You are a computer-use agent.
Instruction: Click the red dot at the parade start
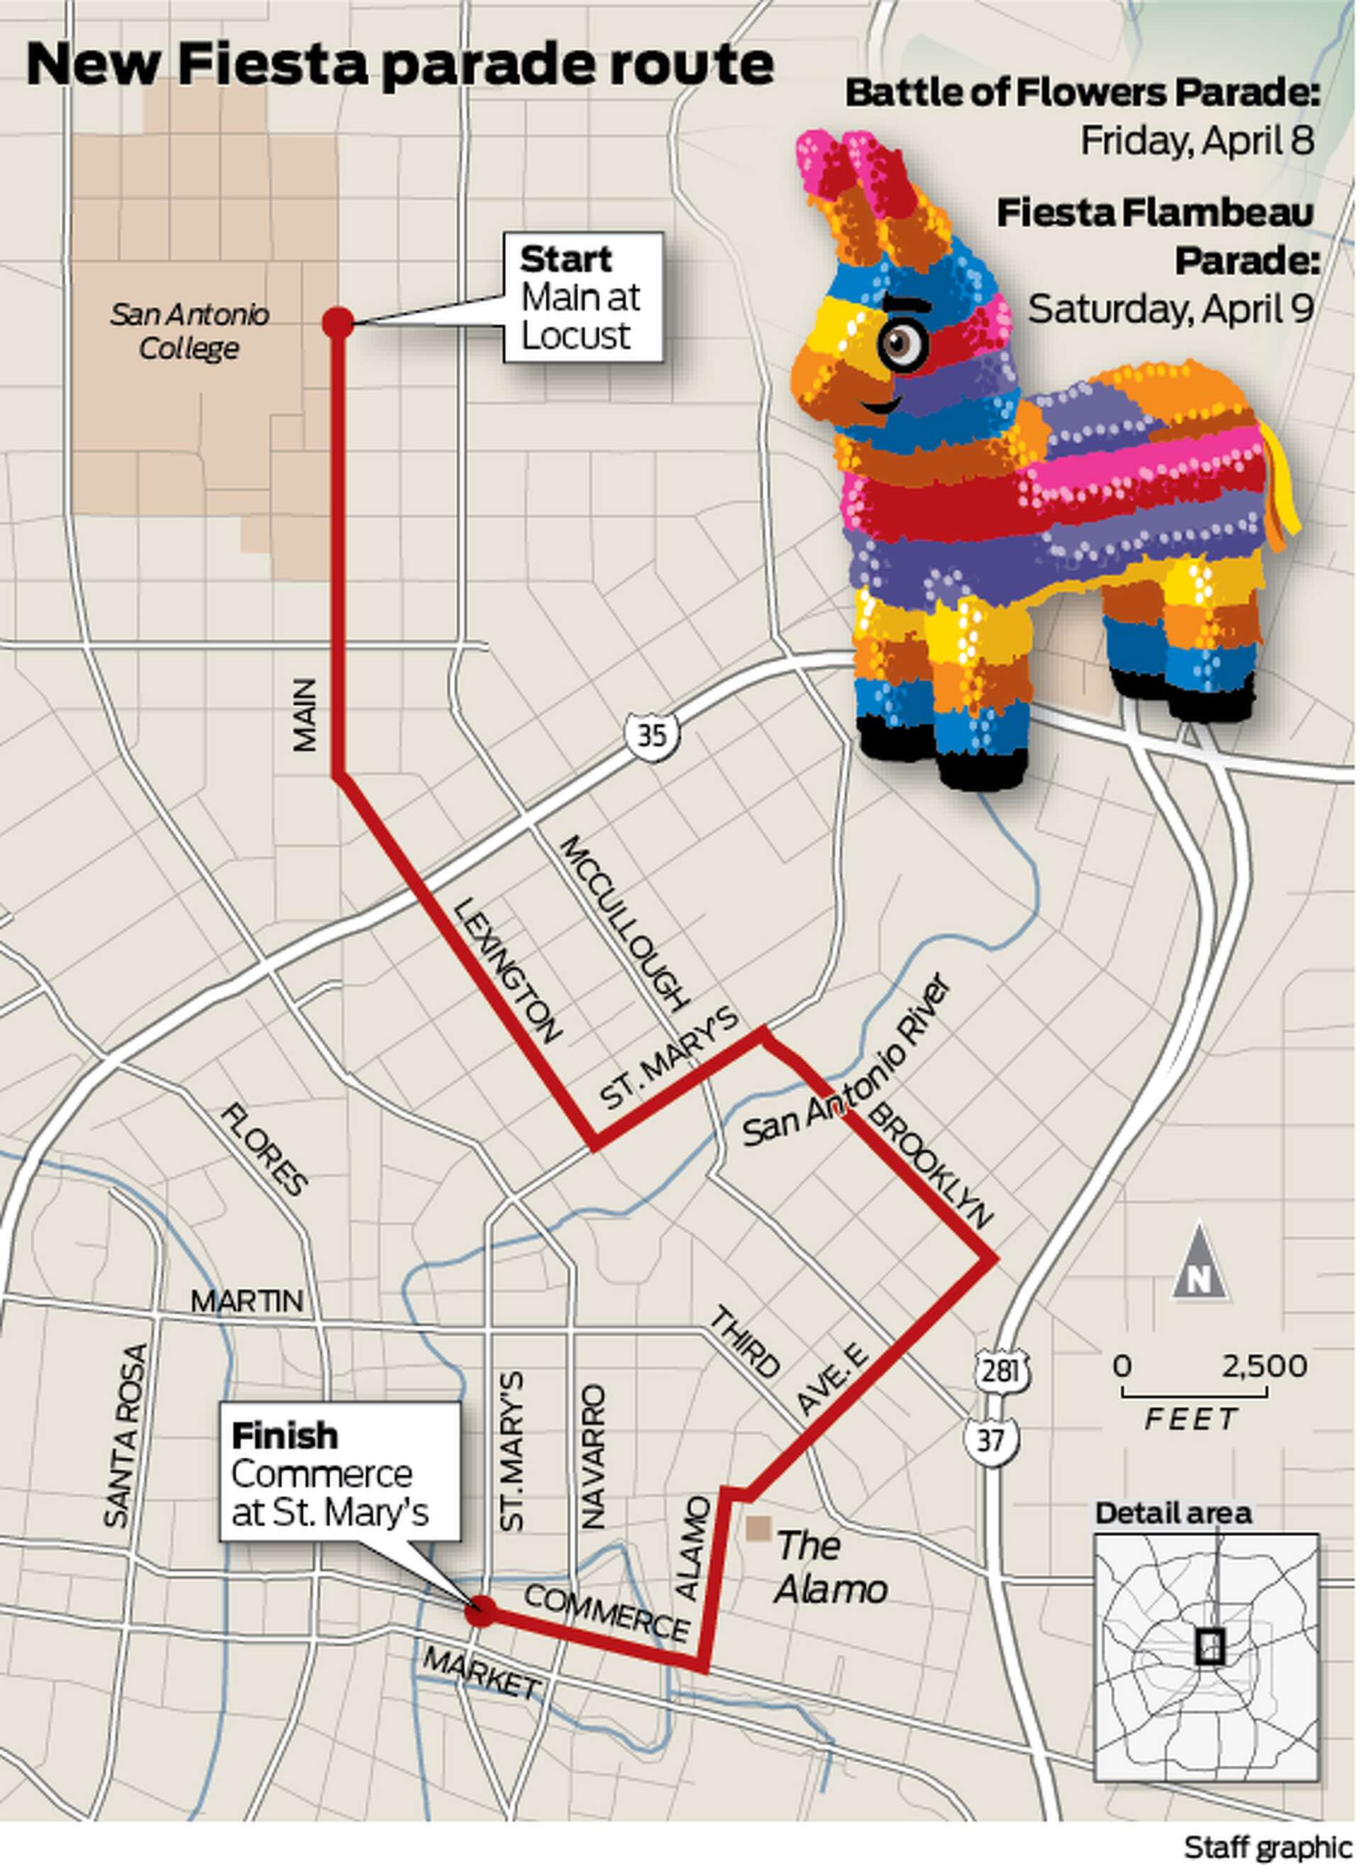click(337, 322)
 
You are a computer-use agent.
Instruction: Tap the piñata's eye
click(901, 344)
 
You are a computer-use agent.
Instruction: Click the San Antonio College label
click(189, 331)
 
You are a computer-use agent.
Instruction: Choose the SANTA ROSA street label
click(127, 1434)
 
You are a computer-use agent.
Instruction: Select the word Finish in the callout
click(285, 1435)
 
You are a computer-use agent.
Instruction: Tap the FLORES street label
click(265, 1149)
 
